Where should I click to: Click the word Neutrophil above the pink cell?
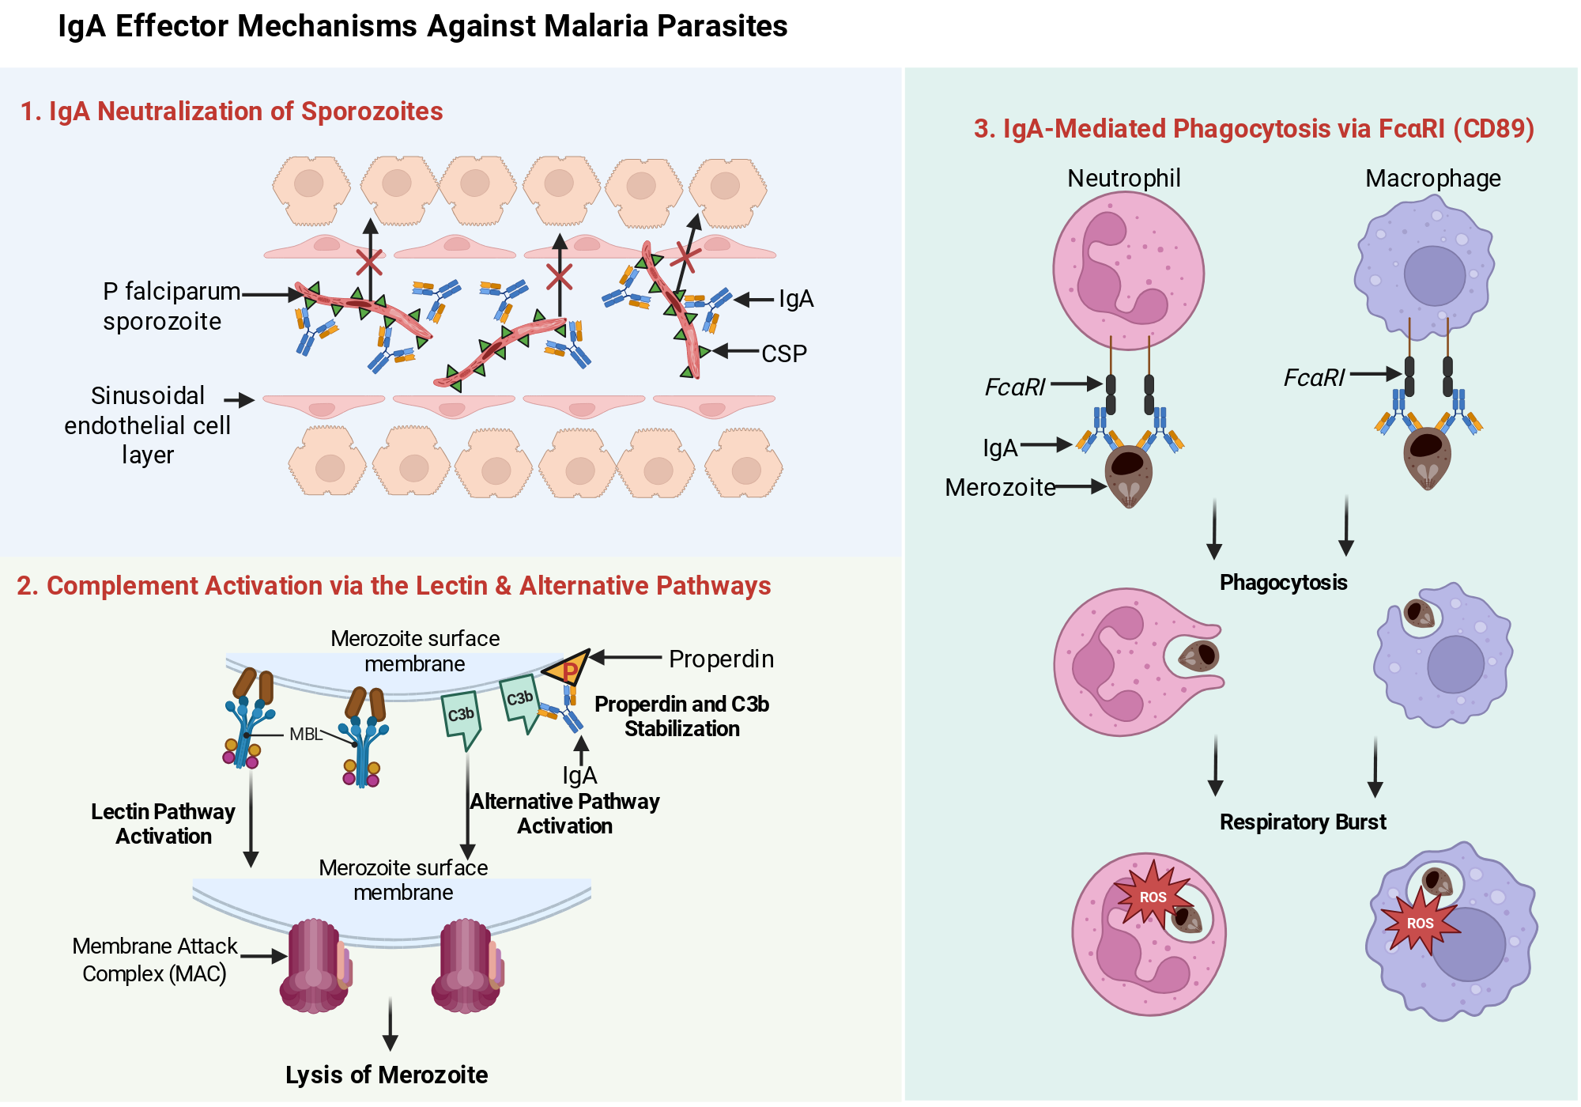[1124, 179]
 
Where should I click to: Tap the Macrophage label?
[1432, 179]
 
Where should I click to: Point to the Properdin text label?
[721, 659]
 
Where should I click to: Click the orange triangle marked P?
[568, 668]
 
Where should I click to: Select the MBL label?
[305, 734]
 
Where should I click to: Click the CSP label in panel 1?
[784, 353]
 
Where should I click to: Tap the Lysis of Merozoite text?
[387, 1075]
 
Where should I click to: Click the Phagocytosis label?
[1283, 583]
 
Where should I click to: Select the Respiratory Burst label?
[1303, 822]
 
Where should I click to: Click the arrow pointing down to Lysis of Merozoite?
[390, 1024]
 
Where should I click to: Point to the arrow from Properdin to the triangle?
[625, 657]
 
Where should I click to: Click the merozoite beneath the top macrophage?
[1427, 458]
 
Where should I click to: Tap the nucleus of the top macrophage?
[1434, 276]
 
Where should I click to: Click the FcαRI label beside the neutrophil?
[1015, 387]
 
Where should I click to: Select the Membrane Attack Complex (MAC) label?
[155, 959]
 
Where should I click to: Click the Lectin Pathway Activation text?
[164, 824]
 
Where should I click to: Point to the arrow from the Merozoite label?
[1081, 487]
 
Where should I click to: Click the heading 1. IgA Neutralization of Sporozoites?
[232, 111]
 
